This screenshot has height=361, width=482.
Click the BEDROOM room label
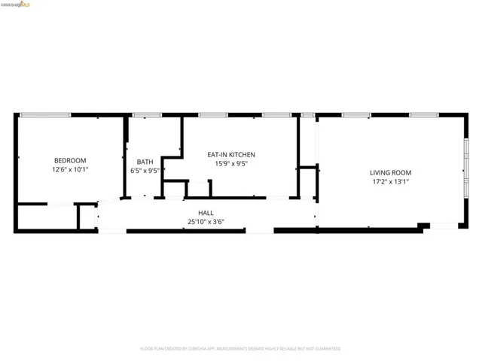pos(70,160)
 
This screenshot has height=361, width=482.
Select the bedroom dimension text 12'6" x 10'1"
pos(70,170)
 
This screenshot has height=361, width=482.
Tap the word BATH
pos(145,162)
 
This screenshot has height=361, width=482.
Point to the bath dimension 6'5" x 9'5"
pos(145,171)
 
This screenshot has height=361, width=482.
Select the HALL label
pos(206,213)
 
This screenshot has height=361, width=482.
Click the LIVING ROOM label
pos(391,172)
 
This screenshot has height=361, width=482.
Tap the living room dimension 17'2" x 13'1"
pos(391,181)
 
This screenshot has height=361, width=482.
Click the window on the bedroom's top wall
pos(44,115)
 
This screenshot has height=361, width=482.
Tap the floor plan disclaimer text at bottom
pos(240,349)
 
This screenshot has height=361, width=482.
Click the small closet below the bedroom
pos(45,217)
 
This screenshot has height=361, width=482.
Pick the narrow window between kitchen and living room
pos(307,115)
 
